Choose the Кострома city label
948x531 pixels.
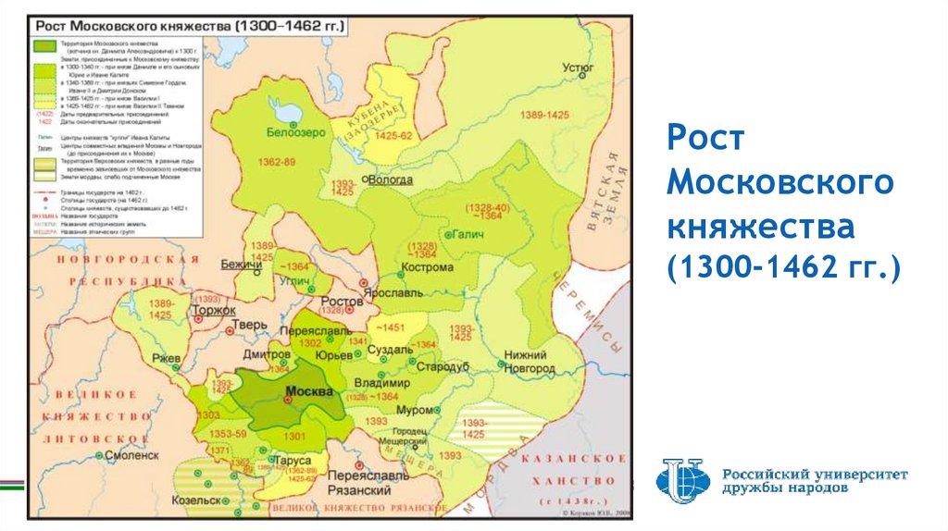click(427, 267)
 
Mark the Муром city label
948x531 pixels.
click(414, 409)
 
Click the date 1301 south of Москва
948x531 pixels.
click(293, 436)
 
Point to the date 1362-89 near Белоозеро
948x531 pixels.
click(278, 162)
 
